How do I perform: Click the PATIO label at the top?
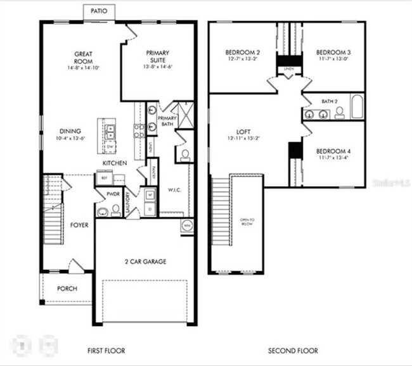point(98,11)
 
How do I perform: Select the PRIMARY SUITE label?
point(158,56)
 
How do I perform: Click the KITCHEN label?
point(115,163)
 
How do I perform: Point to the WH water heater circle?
point(187,225)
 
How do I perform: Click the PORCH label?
point(67,289)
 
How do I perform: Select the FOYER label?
point(79,225)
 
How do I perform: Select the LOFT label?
point(244,132)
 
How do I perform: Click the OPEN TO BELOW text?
point(247,222)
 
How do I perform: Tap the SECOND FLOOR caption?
point(293,350)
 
